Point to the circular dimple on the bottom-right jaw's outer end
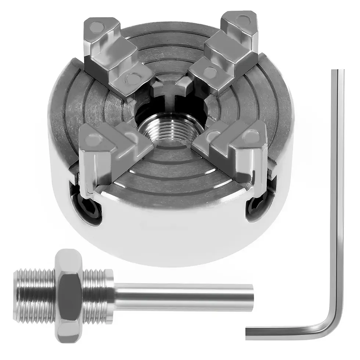coord(253,136)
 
